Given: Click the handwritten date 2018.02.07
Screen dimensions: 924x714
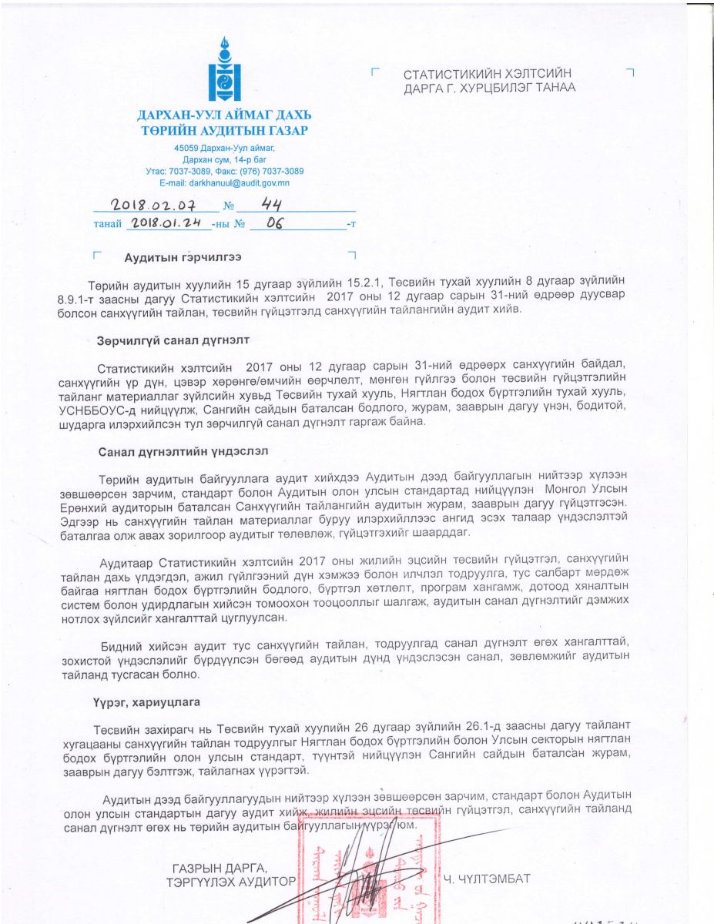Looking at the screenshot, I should click(x=153, y=206).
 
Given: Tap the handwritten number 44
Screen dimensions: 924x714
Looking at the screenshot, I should click(x=274, y=204).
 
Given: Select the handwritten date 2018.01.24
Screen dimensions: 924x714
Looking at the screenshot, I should click(x=166, y=223).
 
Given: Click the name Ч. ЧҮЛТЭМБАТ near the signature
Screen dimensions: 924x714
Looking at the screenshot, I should click(x=488, y=878).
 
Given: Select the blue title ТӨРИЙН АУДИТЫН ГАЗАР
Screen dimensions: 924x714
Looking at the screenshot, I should click(x=224, y=131).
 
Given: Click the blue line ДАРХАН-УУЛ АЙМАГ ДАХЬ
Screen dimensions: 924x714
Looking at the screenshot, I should click(x=224, y=116).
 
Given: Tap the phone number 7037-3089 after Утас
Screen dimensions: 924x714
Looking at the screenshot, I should click(x=203, y=171).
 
